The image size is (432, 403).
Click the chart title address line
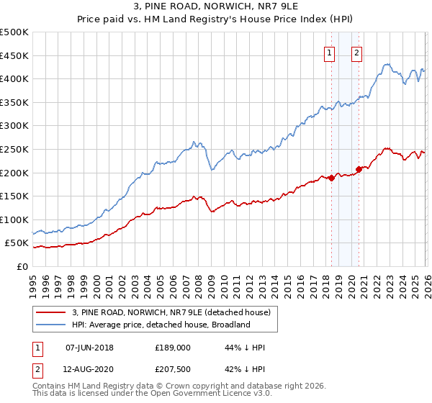(x=216, y=8)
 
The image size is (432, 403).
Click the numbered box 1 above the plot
(x=330, y=52)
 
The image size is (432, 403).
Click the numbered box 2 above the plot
(x=357, y=52)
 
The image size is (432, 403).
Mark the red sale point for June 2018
(x=331, y=178)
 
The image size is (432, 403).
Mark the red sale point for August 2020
(x=359, y=169)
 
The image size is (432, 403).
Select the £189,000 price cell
(x=172, y=348)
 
